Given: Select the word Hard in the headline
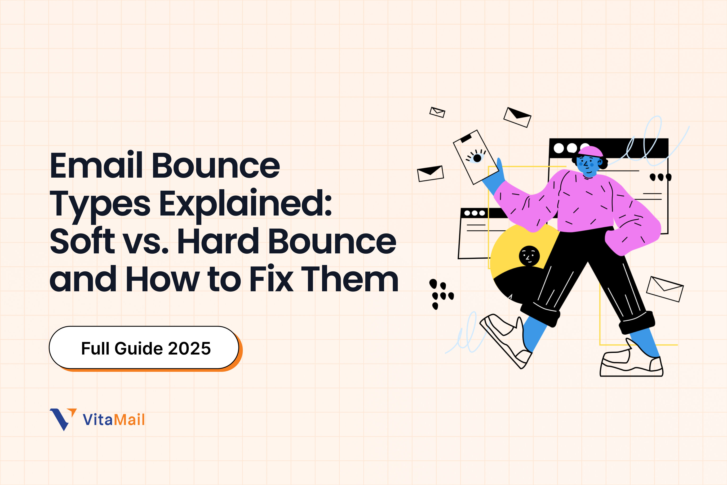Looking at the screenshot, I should coord(218,242).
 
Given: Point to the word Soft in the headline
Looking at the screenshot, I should coord(82,242).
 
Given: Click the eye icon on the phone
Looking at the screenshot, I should coord(477,157).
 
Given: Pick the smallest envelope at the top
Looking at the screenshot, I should coord(437,112).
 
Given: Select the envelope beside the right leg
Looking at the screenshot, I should coord(665,289).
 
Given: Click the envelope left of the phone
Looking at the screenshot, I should coord(430,174).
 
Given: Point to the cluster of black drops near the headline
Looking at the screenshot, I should coord(440,293).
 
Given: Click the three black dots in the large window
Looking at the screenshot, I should coord(660,177).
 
